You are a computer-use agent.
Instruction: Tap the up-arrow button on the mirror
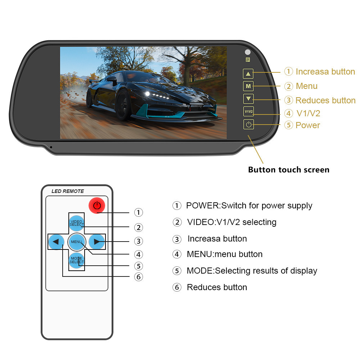click(x=248, y=74)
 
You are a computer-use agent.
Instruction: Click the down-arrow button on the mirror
click(x=248, y=98)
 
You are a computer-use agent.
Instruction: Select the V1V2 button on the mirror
click(x=248, y=111)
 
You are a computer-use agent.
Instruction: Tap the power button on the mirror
click(x=248, y=125)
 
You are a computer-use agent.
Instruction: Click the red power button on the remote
click(x=96, y=206)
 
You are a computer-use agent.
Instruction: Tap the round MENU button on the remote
click(x=76, y=242)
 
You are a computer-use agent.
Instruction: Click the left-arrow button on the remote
click(x=56, y=242)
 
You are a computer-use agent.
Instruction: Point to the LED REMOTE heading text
click(x=68, y=191)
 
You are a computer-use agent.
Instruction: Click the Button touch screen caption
click(x=288, y=170)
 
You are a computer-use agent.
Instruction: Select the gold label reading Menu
click(x=306, y=86)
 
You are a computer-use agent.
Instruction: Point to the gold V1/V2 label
click(x=308, y=113)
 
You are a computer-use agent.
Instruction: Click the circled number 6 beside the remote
click(x=139, y=277)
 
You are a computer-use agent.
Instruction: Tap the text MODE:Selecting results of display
click(x=252, y=271)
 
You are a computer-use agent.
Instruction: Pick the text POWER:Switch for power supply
click(x=249, y=206)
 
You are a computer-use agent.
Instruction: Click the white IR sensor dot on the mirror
click(x=248, y=52)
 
